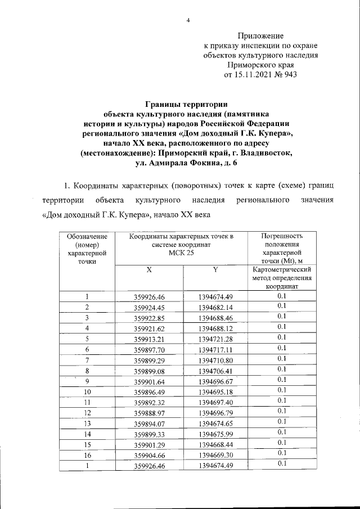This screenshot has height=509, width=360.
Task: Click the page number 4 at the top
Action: pyautogui.click(x=188, y=21)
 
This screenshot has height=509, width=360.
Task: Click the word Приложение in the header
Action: pyautogui.click(x=260, y=35)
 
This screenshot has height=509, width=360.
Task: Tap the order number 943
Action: pyautogui.click(x=291, y=74)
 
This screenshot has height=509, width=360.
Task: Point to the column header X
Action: pyautogui.click(x=149, y=270)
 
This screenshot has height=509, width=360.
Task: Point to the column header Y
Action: pyautogui.click(x=215, y=270)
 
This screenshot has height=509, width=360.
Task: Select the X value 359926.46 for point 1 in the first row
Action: pyautogui.click(x=149, y=297)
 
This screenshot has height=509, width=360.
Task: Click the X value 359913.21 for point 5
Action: pyautogui.click(x=149, y=338)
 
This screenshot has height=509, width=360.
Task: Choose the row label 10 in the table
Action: pyautogui.click(x=87, y=390)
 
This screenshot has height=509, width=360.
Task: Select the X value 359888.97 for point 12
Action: pyautogui.click(x=149, y=412)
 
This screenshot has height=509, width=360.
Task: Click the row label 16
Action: pyautogui.click(x=87, y=453)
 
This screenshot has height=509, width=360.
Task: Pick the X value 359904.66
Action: pyautogui.click(x=149, y=453)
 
